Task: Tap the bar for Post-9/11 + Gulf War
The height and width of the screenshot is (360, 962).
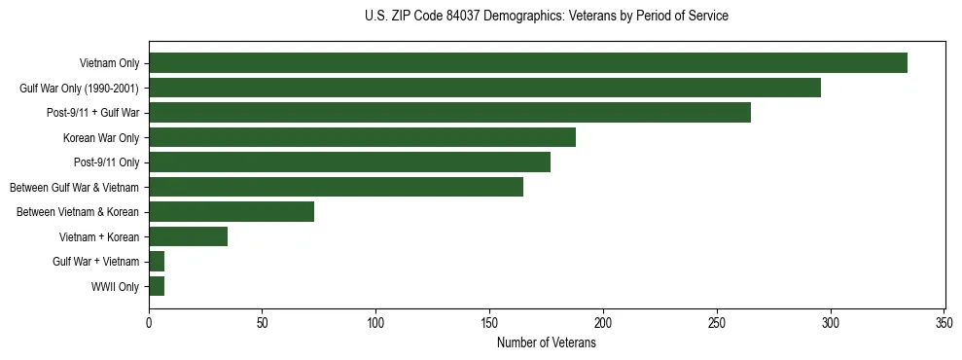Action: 449,113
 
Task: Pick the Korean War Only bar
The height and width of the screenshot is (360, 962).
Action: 362,137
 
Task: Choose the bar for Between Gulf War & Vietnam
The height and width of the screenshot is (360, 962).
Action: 336,187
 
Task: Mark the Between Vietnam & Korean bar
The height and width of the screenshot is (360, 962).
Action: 232,212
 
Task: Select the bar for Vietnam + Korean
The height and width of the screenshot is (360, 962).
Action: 188,236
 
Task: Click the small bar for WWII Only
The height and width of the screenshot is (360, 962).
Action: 157,286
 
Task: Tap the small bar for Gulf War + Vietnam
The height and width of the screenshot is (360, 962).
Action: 157,262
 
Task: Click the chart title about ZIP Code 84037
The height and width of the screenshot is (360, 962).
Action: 546,17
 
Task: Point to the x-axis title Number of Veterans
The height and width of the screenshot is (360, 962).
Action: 546,342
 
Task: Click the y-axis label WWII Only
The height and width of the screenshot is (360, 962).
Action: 115,287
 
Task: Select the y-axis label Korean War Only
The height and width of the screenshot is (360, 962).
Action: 101,138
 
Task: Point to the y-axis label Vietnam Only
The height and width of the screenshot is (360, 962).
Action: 109,64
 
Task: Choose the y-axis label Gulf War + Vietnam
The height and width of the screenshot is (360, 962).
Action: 96,262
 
